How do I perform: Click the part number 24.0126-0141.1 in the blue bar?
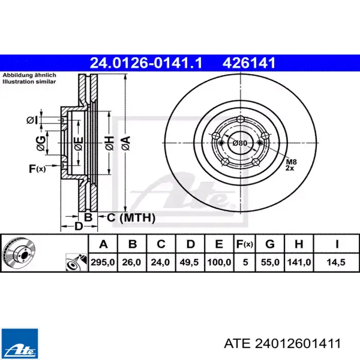point(146,63)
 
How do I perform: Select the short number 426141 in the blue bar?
point(248,63)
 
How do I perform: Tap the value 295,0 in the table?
point(103,262)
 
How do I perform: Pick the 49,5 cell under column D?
point(189,262)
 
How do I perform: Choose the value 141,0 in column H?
point(299,262)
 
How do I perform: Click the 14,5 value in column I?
point(336,262)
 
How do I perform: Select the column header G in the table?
point(270,244)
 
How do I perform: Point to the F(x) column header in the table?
point(244,244)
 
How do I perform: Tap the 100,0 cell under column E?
point(219,262)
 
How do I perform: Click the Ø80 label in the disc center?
point(240,143)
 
